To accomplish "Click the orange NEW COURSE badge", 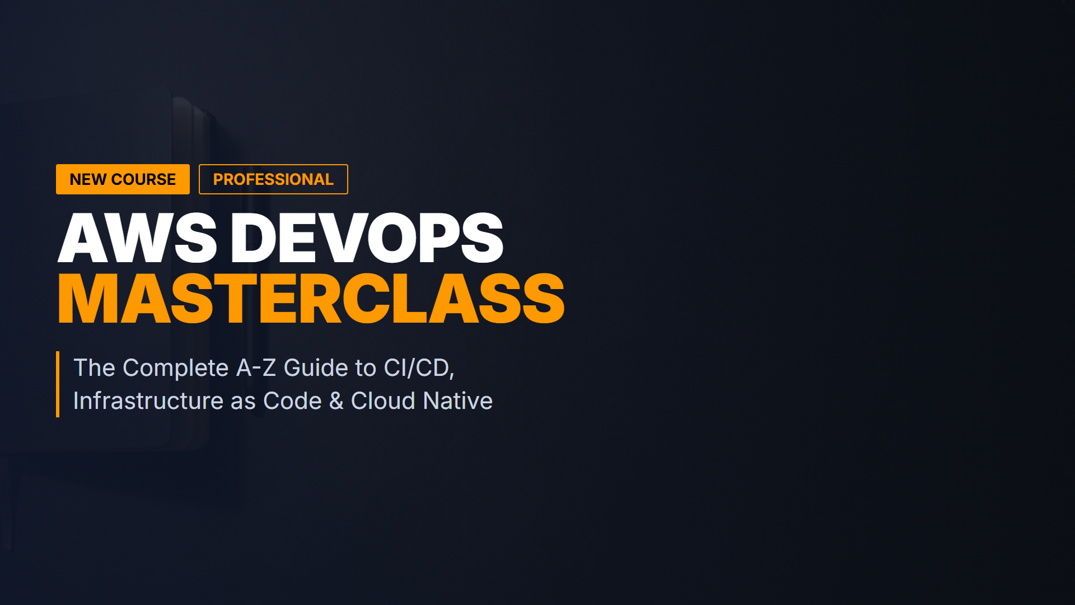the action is [x=123, y=179].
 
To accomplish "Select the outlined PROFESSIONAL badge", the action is [x=273, y=179].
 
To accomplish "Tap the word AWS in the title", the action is [x=137, y=238].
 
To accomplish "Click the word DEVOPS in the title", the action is [x=367, y=238].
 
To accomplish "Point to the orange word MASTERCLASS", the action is [x=311, y=299].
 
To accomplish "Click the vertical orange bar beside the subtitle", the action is [x=58, y=384].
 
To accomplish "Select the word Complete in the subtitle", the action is [x=176, y=369].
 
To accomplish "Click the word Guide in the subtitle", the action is [x=316, y=368].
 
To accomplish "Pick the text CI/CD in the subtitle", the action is [x=417, y=368].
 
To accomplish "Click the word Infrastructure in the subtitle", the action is [x=148, y=401].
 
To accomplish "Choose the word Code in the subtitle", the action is [x=292, y=401].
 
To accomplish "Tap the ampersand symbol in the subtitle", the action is [x=336, y=401].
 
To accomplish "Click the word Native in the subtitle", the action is [x=458, y=401].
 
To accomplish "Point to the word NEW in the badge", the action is [x=88, y=179].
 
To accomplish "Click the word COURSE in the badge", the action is [x=143, y=179].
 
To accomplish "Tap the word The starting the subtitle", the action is [x=95, y=368].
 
